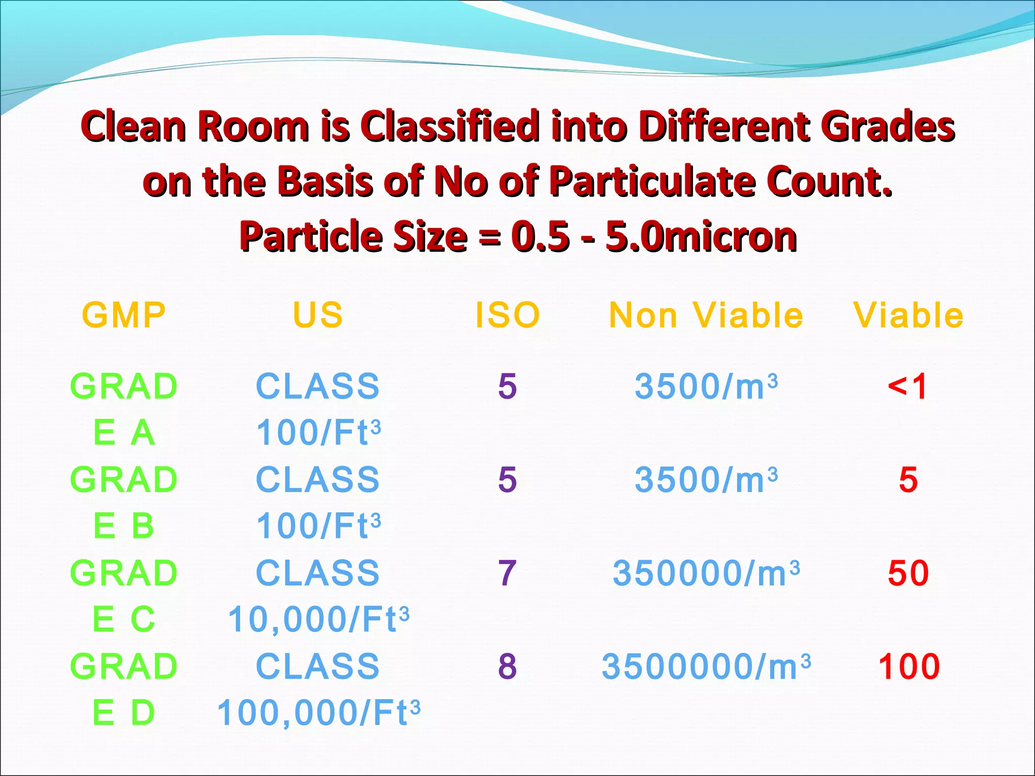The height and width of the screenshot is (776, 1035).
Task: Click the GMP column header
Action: coord(124,315)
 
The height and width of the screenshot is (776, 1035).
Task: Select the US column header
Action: coord(318,315)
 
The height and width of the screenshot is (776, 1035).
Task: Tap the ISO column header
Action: coord(507,315)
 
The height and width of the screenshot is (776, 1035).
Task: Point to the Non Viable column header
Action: coord(706,315)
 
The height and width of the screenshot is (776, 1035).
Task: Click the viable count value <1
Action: coord(908,386)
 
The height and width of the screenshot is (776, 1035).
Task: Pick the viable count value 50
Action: coord(908,573)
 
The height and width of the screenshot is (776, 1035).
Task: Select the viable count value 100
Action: coord(909,666)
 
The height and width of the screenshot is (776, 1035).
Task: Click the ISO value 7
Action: coord(507,573)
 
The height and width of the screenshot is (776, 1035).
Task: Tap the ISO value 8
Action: coord(507,666)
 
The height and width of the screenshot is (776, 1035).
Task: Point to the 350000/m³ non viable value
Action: coord(706,573)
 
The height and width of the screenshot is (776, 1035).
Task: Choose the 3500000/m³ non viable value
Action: coord(706,666)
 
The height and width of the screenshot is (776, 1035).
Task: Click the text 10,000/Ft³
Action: coord(318,619)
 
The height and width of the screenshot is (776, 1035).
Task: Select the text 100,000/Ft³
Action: coord(318,713)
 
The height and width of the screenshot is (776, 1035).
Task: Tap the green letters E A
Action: coord(124,433)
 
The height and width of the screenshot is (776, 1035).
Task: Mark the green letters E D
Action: coord(124,713)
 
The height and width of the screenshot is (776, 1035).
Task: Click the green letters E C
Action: coord(124,619)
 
